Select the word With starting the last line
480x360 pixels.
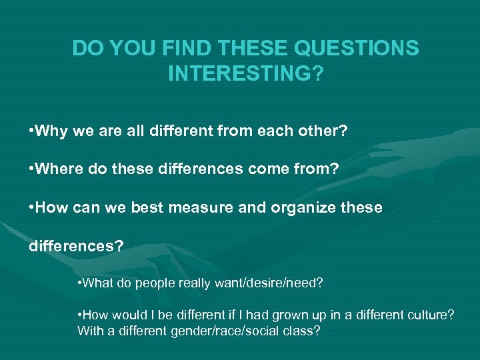[x=89, y=330]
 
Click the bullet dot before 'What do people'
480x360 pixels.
[x=80, y=283]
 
